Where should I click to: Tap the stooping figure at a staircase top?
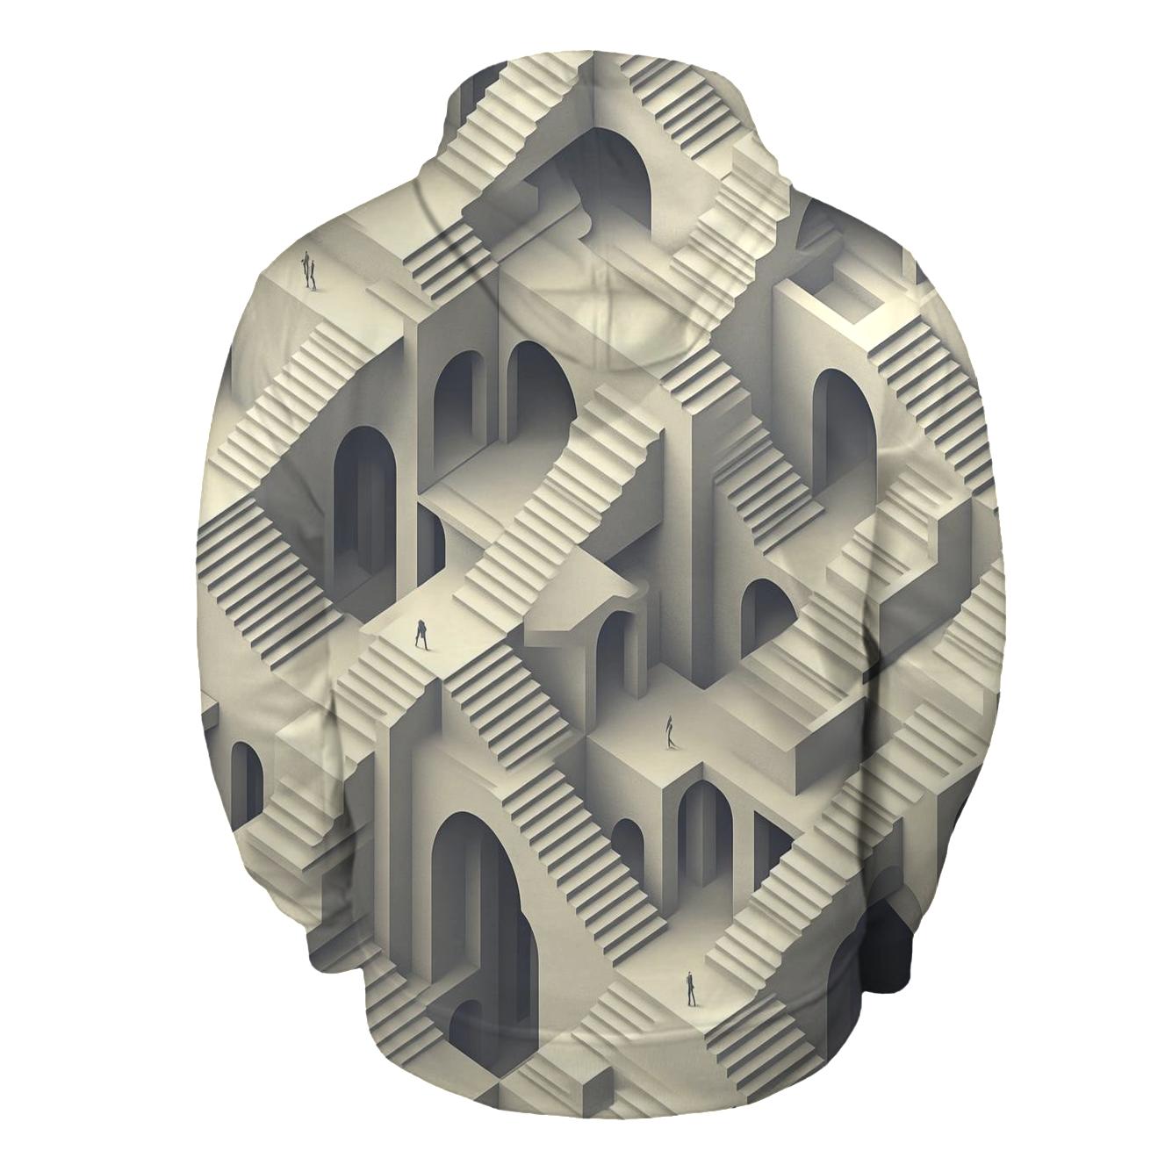pos(421,634)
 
